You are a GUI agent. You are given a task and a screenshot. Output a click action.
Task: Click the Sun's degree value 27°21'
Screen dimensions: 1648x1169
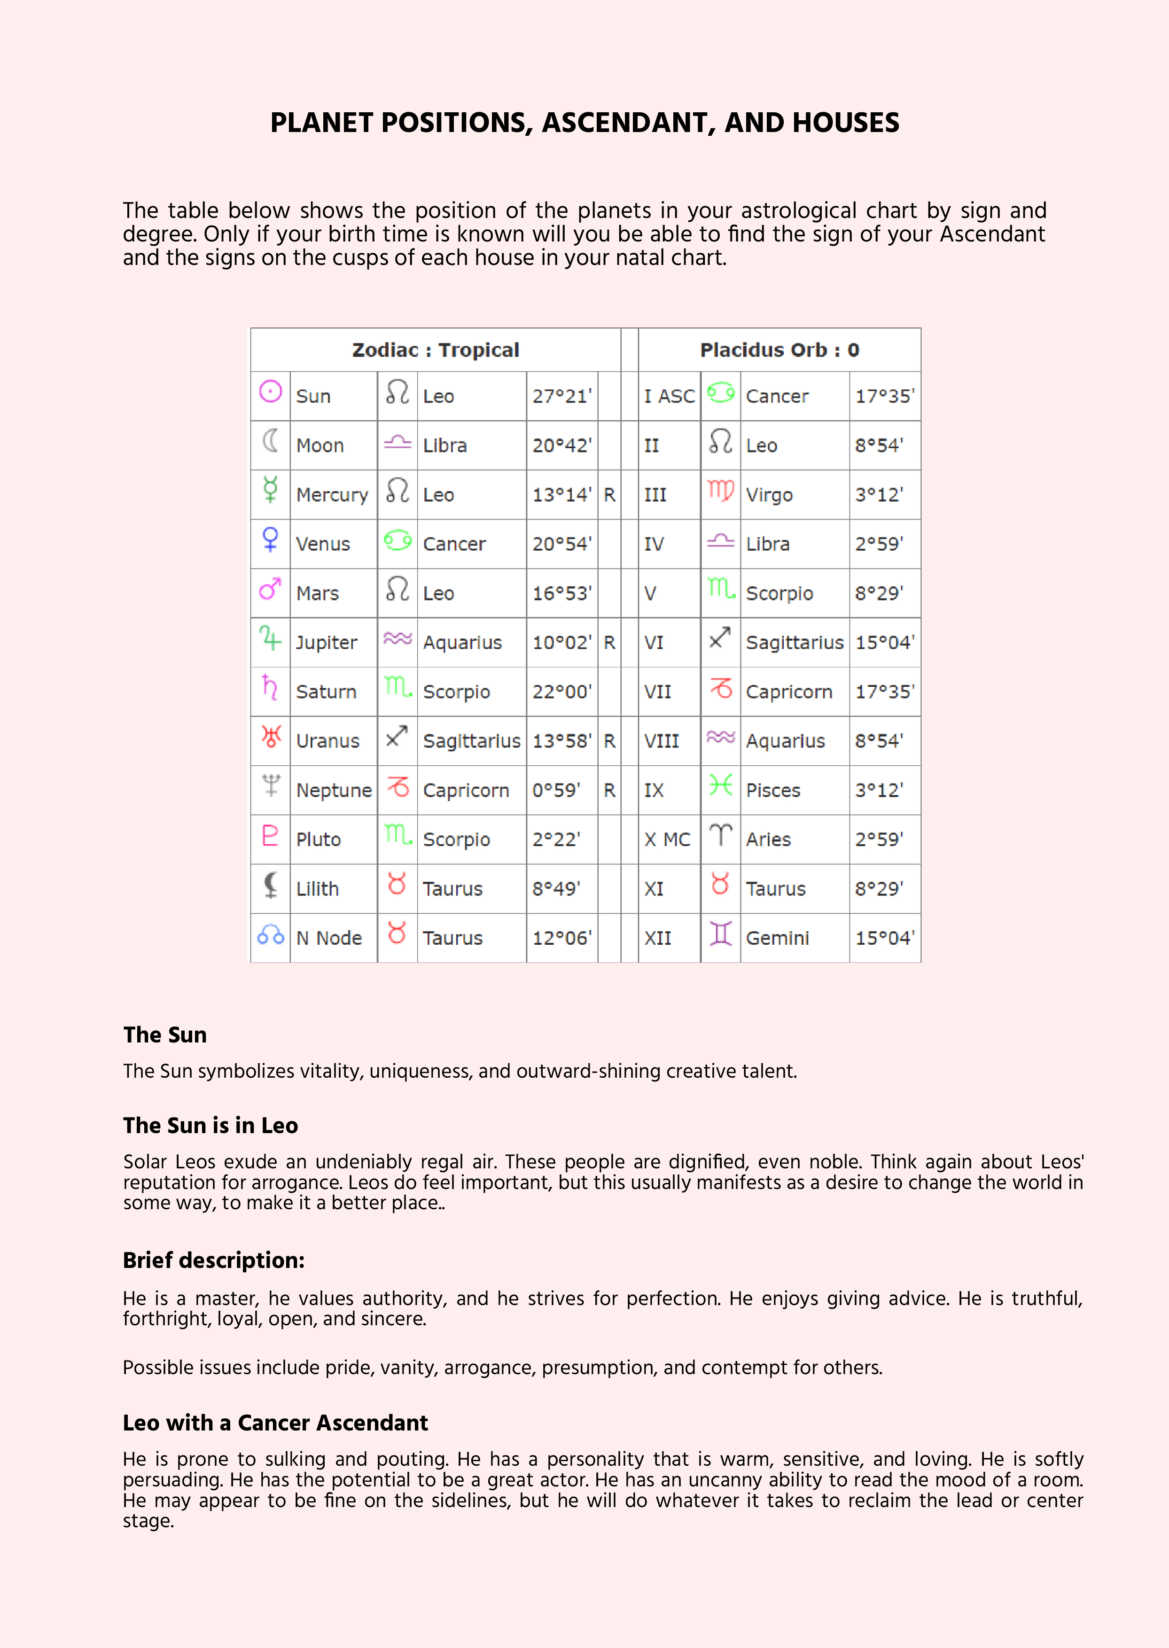coord(561,396)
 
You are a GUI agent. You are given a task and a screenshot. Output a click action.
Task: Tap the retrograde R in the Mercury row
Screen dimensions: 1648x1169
coord(609,495)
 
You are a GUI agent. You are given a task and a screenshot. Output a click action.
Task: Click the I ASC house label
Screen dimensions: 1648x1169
coord(669,396)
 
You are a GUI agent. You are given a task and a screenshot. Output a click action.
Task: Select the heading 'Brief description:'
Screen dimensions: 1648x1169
coord(214,1260)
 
